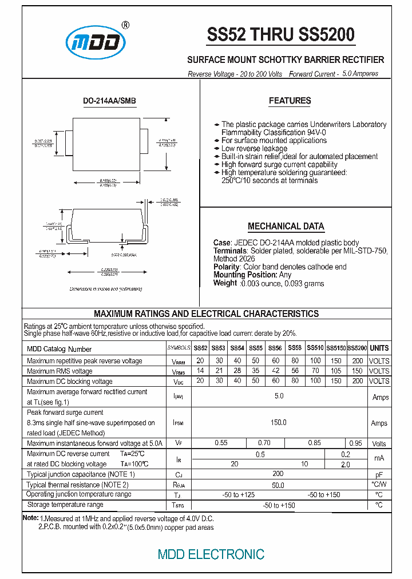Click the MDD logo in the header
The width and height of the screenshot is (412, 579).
pos(96,42)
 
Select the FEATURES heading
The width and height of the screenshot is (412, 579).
pos(290,101)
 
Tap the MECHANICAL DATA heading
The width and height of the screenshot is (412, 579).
pos(286,226)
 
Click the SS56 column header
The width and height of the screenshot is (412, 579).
pos(275,348)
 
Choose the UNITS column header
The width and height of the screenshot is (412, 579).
pos(379,348)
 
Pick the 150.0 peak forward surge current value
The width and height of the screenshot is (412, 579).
pos(278,422)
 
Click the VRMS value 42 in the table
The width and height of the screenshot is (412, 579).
pos(275,371)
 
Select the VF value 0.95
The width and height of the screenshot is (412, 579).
pos(355,443)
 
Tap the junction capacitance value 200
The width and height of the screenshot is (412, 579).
pos(278,474)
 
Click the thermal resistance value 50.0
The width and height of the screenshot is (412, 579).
pos(278,485)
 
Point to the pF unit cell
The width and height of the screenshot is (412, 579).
pos(379,475)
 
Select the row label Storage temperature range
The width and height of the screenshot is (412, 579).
pos(65,505)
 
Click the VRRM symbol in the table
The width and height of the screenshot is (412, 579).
pos(179,361)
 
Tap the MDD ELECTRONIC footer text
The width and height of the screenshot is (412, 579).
pos(211,554)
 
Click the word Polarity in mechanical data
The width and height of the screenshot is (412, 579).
pos(227,267)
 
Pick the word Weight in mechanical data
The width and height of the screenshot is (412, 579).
pos(225,283)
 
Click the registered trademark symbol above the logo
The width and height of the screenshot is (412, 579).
pos(125,25)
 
